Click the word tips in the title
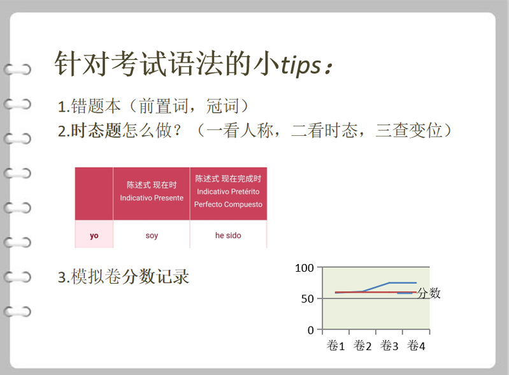pyautogui.click(x=301, y=65)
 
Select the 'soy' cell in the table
pyautogui.click(x=152, y=235)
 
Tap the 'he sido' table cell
pyautogui.click(x=228, y=235)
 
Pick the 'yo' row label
pyautogui.click(x=94, y=235)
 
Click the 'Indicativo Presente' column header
pyautogui.click(x=152, y=198)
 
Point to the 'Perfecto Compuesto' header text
pyautogui.click(x=228, y=204)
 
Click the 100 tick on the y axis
pyautogui.click(x=304, y=268)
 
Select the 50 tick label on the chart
pyautogui.click(x=308, y=298)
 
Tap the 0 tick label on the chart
pyautogui.click(x=311, y=330)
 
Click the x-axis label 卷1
pyautogui.click(x=336, y=346)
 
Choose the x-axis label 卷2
pyautogui.click(x=362, y=346)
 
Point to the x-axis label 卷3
pyautogui.click(x=389, y=346)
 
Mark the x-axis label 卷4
pyautogui.click(x=416, y=346)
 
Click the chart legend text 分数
pyautogui.click(x=429, y=293)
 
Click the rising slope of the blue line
pyautogui.click(x=376, y=287)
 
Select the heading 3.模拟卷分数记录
pyautogui.click(x=124, y=277)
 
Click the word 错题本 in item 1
pyautogui.click(x=96, y=106)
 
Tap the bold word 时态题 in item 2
pyautogui.click(x=96, y=130)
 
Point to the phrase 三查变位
pyautogui.click(x=409, y=130)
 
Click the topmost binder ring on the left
pyautogui.click(x=18, y=70)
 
